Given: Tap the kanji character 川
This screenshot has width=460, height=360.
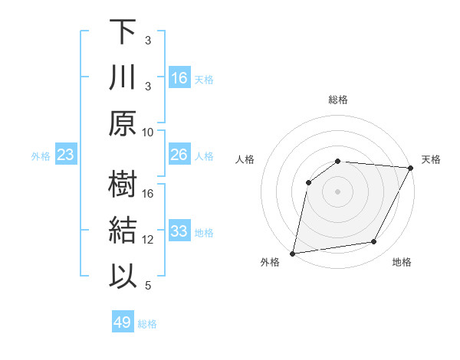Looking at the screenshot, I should click(x=122, y=78).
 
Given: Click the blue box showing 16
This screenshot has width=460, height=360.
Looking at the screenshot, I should click(x=179, y=78).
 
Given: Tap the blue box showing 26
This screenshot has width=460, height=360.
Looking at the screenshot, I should click(x=179, y=155).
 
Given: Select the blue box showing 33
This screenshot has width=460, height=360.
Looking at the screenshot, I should click(x=179, y=232).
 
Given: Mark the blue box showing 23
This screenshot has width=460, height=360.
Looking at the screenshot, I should click(x=66, y=155).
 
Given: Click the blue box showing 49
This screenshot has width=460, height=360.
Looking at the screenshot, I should click(x=123, y=322).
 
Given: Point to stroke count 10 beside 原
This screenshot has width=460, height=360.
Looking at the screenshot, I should click(x=148, y=132).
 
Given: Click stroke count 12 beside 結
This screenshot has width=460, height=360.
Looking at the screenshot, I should click(x=148, y=240).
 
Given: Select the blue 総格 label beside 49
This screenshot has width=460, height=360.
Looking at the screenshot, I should click(x=147, y=323).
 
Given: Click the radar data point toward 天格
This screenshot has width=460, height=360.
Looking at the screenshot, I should click(x=412, y=169).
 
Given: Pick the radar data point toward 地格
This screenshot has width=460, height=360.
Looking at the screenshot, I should click(x=374, y=242).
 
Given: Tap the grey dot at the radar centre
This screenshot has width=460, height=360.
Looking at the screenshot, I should click(x=337, y=191).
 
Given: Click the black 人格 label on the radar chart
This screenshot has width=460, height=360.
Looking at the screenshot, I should click(x=245, y=159).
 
